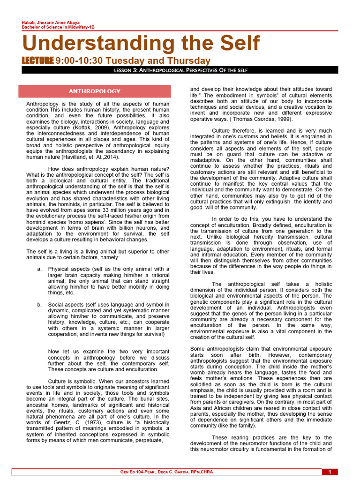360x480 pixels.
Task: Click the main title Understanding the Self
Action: [141, 44]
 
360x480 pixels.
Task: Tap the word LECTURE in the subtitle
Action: [38, 61]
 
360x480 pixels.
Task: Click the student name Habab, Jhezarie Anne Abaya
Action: [51, 23]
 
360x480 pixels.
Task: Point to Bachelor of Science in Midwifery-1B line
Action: [58, 28]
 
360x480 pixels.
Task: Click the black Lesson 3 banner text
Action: [180, 70]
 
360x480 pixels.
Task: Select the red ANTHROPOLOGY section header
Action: [94, 91]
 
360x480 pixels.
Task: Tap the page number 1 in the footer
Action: [330, 472]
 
